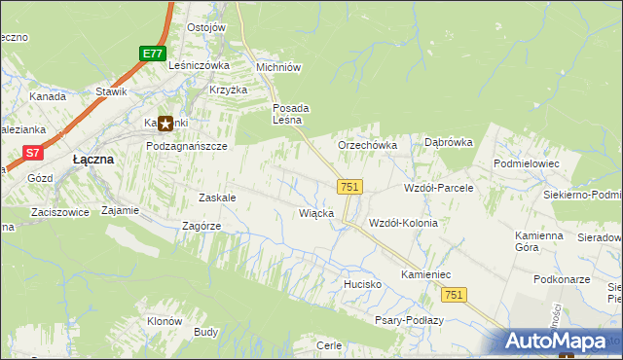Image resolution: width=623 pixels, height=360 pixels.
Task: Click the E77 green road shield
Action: (151, 53)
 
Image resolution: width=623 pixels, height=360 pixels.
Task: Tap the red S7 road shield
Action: (33, 152)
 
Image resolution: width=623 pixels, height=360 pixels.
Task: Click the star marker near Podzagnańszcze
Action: (165, 124)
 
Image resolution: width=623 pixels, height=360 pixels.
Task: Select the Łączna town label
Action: (94, 159)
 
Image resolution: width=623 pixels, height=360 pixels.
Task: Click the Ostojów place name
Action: (206, 27)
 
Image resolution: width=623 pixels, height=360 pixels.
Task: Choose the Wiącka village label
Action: (317, 213)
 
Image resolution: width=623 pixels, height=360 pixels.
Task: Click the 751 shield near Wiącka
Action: (350, 186)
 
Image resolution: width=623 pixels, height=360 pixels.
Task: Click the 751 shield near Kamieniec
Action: (454, 295)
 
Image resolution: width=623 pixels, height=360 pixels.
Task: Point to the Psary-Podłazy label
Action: (409, 320)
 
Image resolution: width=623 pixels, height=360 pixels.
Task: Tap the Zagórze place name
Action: (202, 226)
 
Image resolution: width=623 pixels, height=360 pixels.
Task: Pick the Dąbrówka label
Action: (448, 142)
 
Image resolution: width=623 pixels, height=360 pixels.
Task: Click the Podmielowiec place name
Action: (527, 164)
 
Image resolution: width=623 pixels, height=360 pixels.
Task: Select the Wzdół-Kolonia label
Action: (403, 223)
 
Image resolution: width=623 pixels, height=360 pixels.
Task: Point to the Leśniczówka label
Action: (199, 65)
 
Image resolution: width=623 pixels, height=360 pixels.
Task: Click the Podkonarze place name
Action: (564, 279)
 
